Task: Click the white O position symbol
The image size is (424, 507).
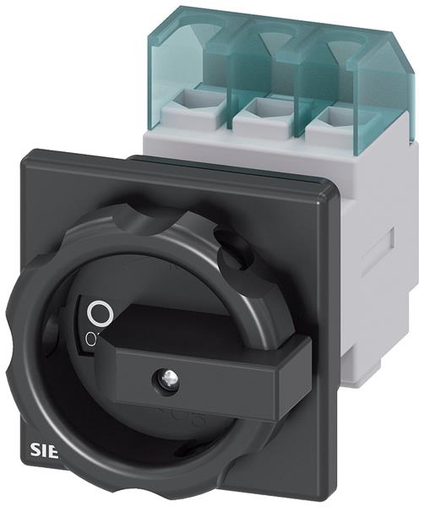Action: pyautogui.click(x=100, y=314)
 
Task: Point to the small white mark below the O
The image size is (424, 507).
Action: pyautogui.click(x=90, y=337)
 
